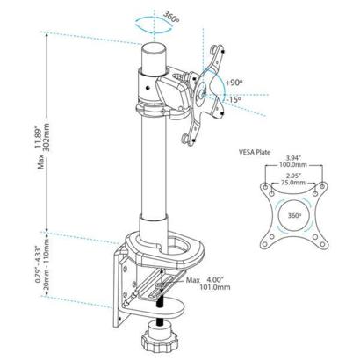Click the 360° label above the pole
[171, 17]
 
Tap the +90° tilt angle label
[234, 83]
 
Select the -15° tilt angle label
[234, 99]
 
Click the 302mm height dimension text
[47, 137]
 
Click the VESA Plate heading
[255, 152]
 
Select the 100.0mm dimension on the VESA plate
[292, 165]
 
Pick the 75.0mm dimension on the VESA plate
[293, 183]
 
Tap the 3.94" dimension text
[292, 158]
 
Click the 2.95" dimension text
[293, 176]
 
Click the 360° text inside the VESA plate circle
[294, 216]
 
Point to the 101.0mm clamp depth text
[215, 287]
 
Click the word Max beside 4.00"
[193, 280]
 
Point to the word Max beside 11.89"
[41, 162]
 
